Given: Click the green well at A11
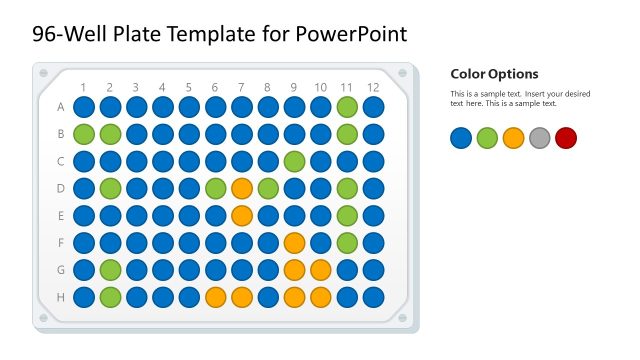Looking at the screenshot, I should coord(347,106).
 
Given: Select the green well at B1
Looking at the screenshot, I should coord(84,133).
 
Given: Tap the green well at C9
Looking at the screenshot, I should coord(294,160).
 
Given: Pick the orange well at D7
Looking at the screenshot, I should coord(242,187).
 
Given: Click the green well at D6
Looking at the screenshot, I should coord(215,187).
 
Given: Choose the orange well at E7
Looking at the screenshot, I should coord(242,214).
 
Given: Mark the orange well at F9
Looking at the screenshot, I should coord(294,242).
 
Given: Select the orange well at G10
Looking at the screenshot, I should coord(320,269).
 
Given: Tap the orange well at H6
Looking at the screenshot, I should coord(215,296).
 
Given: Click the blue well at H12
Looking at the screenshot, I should coord(373,296).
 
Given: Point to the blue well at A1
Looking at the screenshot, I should coord(84,106).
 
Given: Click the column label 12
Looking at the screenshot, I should coord(373,87).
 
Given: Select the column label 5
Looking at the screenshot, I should coord(189,87).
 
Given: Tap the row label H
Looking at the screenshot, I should coord(61,296).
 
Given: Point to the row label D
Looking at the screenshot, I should coord(61,187).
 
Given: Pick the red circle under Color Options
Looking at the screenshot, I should coord(566,138).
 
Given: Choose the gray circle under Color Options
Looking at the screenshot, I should coord(540,138).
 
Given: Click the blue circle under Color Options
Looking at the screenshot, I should coord(461,138).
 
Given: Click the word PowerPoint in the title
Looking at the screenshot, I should coord(351,34).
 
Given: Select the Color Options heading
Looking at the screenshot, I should coord(494,74).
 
